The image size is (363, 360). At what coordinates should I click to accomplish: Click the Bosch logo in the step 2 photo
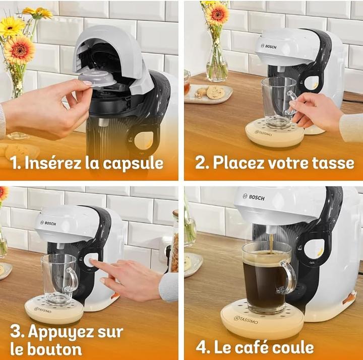(x=269, y=46)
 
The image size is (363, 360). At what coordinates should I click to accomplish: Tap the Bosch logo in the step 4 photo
(x=254, y=197)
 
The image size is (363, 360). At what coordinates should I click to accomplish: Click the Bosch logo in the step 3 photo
(x=48, y=223)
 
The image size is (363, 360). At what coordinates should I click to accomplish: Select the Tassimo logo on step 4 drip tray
(x=246, y=320)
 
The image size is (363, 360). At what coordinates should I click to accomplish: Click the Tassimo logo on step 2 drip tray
(x=264, y=133)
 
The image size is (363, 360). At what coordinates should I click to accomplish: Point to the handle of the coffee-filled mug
(x=289, y=277)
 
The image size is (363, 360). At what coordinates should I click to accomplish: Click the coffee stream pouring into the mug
(x=271, y=243)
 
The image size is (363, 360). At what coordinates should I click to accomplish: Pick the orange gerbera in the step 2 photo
(x=217, y=14)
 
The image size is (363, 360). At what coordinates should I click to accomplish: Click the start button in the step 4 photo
(x=314, y=249)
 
